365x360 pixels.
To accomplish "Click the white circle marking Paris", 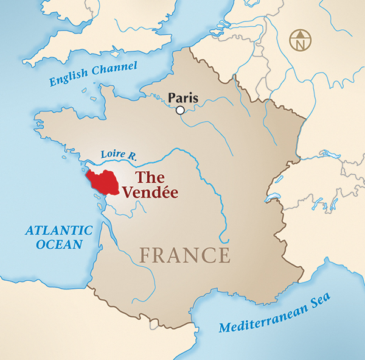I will click(180, 110).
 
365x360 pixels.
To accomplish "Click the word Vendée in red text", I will click(150, 192).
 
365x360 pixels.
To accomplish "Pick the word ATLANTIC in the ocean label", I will click(58, 231).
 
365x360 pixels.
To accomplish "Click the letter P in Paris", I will click(172, 97).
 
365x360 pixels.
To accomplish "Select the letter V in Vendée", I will click(127, 192).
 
